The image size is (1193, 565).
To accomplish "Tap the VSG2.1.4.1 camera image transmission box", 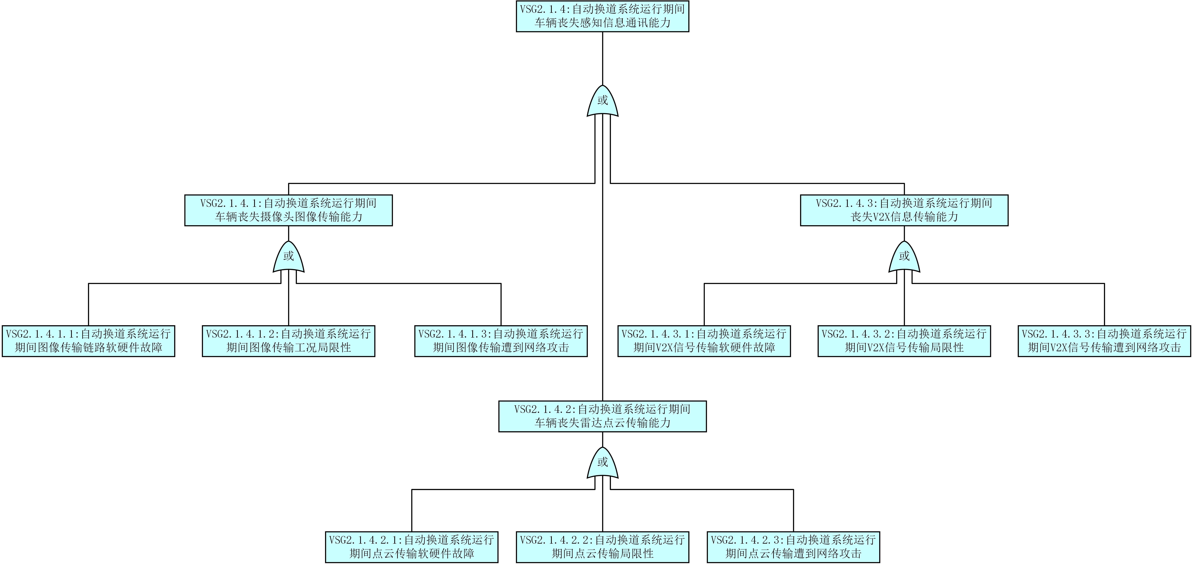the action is (x=289, y=210).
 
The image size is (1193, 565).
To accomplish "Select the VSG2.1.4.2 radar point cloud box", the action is (x=602, y=416).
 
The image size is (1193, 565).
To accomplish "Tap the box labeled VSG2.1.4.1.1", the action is (x=88, y=341).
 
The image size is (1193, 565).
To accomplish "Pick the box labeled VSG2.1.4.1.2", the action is (x=289, y=341).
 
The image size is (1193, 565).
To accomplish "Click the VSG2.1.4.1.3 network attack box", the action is (x=501, y=341).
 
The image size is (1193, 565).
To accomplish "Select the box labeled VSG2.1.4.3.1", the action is (x=704, y=341).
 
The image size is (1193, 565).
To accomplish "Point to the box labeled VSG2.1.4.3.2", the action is (x=904, y=341).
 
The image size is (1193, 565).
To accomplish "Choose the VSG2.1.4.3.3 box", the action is (x=1104, y=341).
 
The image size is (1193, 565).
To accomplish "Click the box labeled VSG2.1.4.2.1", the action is (x=412, y=547).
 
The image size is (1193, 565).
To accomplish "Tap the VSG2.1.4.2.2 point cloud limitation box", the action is (x=602, y=547).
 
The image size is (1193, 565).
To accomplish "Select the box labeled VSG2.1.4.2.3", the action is (x=793, y=547).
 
